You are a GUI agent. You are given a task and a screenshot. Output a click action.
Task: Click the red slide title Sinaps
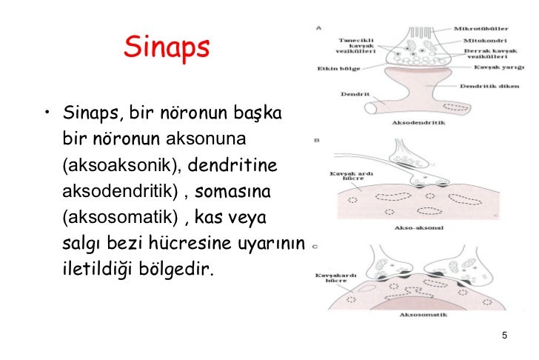(167, 48)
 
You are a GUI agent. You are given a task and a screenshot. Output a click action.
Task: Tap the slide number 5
(504, 337)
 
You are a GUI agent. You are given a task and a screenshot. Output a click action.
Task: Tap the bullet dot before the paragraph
(47, 113)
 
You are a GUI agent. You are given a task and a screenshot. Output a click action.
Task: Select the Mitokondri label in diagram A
(485, 40)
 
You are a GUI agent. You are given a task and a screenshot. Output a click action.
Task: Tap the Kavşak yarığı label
(489, 66)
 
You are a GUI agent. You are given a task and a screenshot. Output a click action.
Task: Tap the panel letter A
(319, 27)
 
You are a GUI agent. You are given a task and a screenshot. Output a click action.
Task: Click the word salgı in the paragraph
(81, 244)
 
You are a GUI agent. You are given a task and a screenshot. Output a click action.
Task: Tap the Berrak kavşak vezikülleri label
(486, 53)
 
